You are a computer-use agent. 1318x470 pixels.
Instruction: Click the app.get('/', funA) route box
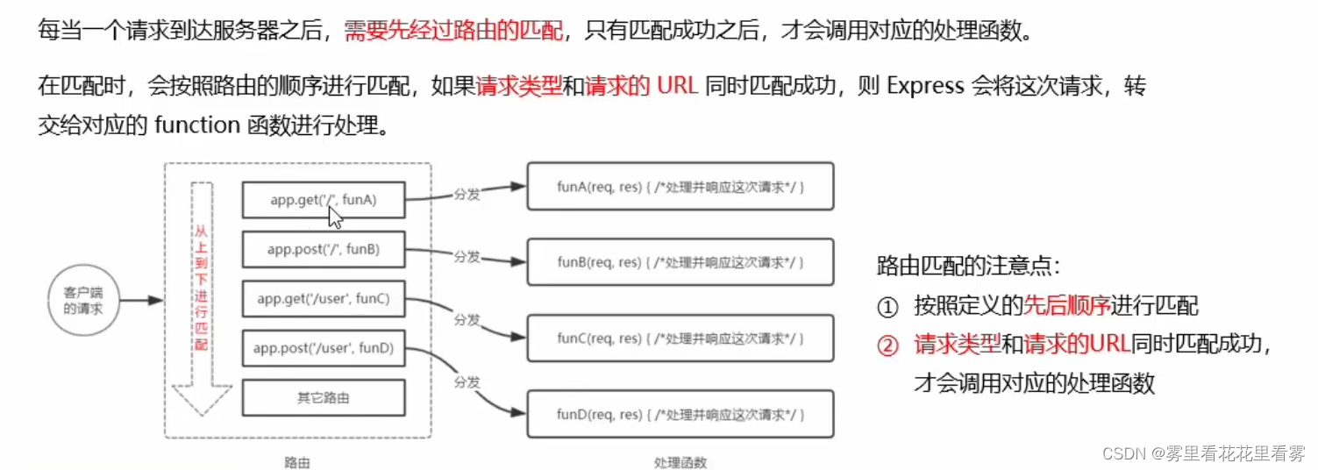[323, 200]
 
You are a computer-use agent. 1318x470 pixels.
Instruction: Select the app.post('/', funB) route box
[323, 250]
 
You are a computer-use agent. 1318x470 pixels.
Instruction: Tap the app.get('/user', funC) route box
[323, 299]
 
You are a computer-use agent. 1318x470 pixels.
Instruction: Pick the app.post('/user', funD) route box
[323, 348]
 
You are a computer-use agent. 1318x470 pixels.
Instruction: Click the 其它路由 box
[323, 398]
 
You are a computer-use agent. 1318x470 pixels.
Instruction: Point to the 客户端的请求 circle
[82, 300]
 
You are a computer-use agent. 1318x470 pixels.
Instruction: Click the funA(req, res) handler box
[680, 186]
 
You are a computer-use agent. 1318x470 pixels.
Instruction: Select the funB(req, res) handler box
[680, 261]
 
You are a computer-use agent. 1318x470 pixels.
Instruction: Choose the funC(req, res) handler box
[680, 338]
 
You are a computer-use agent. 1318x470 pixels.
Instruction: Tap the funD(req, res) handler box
[680, 414]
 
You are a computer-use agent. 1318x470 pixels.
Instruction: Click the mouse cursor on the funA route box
[335, 216]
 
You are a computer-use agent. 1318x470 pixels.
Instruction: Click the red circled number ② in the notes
[888, 345]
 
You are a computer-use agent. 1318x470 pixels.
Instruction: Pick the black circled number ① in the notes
[888, 306]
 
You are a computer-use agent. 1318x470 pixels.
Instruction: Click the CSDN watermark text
[1203, 452]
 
